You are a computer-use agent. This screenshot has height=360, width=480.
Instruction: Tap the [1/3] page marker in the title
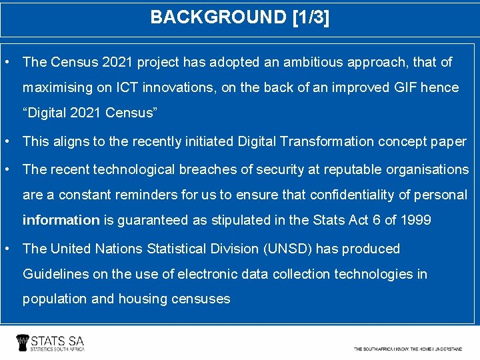(x=311, y=17)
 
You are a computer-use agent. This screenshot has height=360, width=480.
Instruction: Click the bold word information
(x=61, y=220)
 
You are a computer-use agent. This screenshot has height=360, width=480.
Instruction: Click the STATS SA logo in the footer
(x=51, y=343)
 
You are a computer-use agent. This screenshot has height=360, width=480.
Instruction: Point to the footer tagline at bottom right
(x=407, y=349)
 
